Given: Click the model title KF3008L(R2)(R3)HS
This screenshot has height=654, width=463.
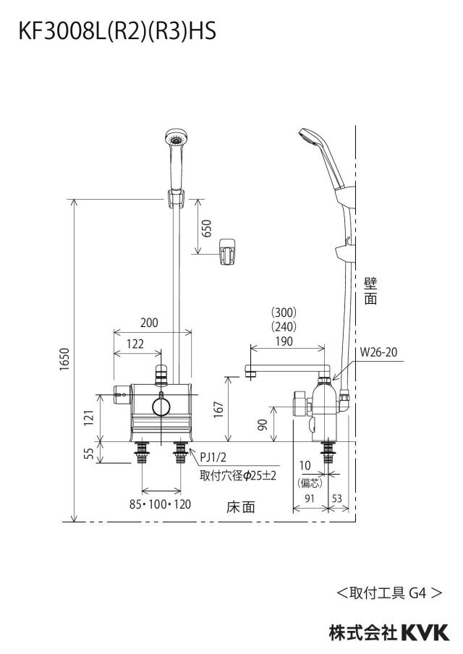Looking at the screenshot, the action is click(x=117, y=31).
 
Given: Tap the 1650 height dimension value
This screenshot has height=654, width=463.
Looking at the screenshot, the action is click(x=64, y=359).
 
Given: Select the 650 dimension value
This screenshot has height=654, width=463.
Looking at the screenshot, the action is click(x=206, y=228).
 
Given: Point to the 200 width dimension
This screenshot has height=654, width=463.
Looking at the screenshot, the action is click(x=149, y=323).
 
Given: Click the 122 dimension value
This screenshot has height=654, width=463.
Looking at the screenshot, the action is click(x=135, y=344).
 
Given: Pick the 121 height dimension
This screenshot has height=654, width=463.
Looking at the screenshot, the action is click(x=89, y=418).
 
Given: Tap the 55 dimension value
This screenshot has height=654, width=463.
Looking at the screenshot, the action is click(x=89, y=454).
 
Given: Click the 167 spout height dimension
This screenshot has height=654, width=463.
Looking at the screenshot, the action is click(x=219, y=409).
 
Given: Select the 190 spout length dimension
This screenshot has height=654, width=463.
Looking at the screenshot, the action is click(x=284, y=341).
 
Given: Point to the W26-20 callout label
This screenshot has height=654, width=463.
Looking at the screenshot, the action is click(x=379, y=352).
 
